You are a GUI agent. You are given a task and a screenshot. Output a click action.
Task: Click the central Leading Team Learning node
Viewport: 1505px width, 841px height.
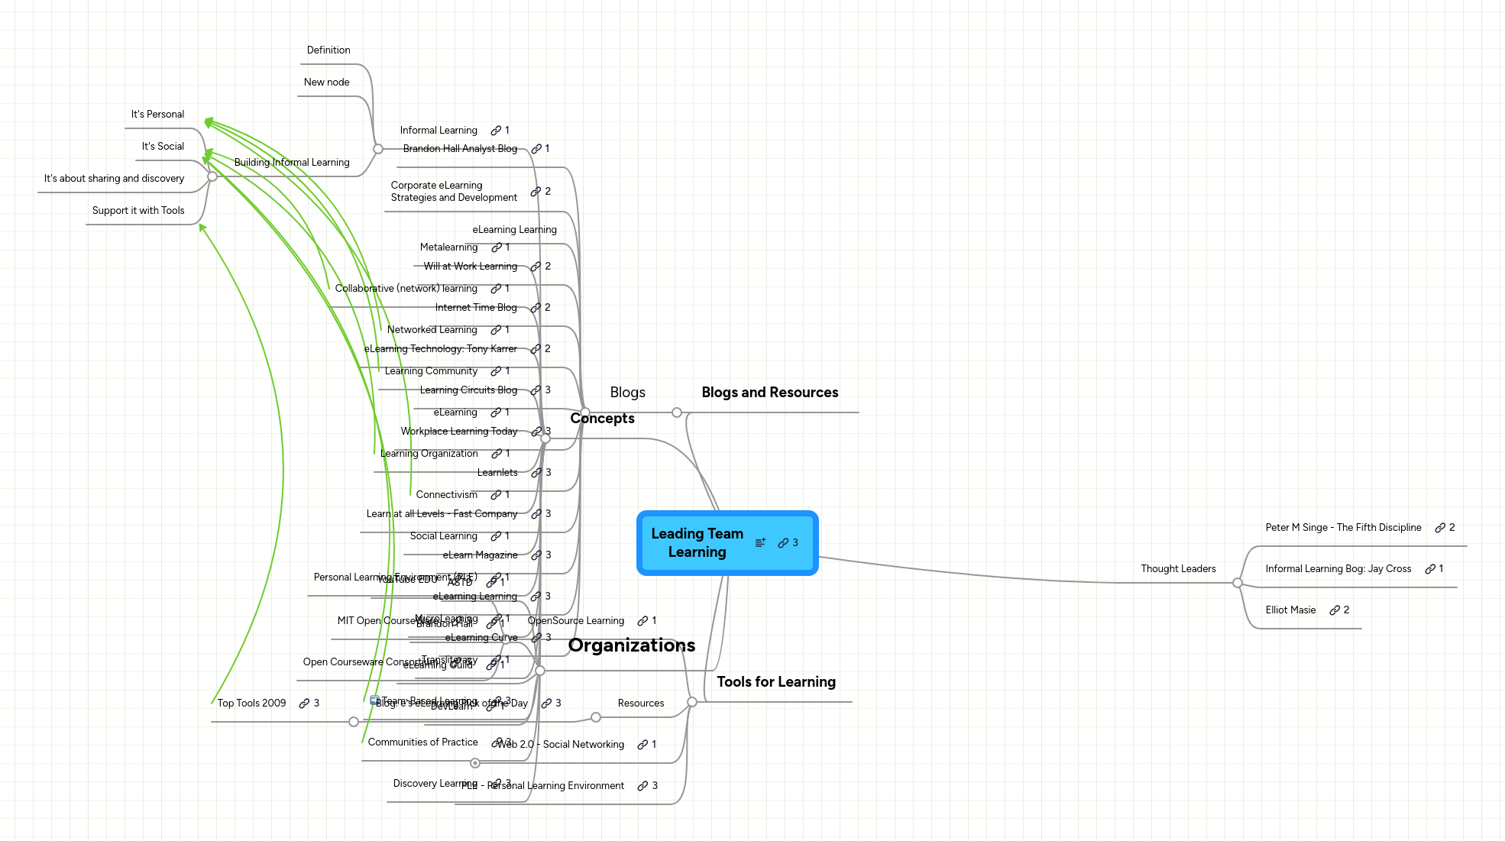(x=697, y=543)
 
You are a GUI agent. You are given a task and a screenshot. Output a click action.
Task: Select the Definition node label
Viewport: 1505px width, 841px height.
(x=329, y=50)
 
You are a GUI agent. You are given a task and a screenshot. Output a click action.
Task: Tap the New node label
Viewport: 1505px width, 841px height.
(x=326, y=82)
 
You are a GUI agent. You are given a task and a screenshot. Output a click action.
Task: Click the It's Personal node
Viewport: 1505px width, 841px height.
(x=157, y=115)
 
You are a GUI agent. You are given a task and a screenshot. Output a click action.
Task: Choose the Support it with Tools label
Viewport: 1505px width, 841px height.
(x=138, y=211)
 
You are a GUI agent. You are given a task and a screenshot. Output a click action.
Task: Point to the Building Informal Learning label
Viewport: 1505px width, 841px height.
(x=292, y=163)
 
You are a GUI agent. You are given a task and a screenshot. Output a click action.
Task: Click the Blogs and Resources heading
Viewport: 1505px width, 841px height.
(x=769, y=393)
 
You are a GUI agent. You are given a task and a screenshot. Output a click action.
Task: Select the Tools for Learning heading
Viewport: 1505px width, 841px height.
(x=775, y=682)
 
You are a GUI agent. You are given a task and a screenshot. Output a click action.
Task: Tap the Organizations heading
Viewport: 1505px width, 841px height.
(x=631, y=645)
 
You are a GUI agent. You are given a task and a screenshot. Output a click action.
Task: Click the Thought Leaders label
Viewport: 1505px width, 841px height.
(x=1178, y=569)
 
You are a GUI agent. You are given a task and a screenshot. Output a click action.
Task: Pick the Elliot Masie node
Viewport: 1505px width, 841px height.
(x=1290, y=610)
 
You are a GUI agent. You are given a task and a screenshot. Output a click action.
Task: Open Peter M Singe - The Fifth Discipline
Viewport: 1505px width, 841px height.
(x=1343, y=528)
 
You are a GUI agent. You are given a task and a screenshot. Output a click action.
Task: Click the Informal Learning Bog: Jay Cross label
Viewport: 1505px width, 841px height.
(x=1338, y=569)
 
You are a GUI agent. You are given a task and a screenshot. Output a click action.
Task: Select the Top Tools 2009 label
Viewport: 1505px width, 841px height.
(x=251, y=704)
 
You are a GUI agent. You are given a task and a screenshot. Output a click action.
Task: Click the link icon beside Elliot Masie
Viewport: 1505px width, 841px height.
(x=1335, y=610)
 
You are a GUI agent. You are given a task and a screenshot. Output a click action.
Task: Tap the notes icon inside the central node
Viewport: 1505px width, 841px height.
(x=760, y=543)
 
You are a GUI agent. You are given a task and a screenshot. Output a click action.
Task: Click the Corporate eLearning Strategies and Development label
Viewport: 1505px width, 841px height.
(x=454, y=192)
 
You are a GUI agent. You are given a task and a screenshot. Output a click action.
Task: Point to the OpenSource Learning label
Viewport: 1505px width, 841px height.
(x=576, y=621)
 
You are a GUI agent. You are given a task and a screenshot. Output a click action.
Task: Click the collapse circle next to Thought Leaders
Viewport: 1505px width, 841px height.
(x=1238, y=584)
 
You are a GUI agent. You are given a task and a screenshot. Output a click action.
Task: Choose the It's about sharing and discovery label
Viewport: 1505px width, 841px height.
(x=114, y=179)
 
